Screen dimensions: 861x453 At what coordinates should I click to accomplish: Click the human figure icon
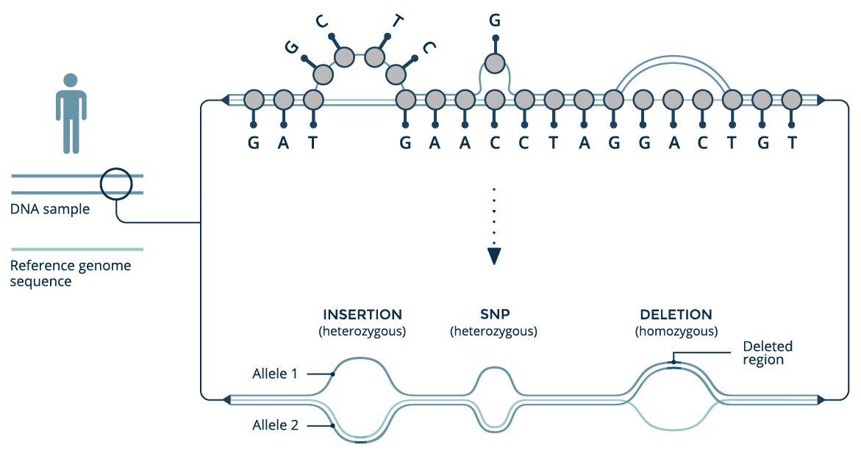coord(71,113)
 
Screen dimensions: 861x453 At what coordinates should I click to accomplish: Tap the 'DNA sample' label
coord(50,209)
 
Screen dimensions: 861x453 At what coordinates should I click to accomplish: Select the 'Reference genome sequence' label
coord(71,273)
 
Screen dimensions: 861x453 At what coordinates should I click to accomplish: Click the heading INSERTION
coord(362,314)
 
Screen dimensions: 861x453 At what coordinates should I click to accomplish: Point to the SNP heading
coord(495,314)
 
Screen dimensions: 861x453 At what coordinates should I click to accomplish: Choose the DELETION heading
coord(676,314)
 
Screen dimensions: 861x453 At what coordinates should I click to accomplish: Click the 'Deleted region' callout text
coord(767,353)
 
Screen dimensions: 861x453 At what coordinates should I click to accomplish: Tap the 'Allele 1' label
coord(275,374)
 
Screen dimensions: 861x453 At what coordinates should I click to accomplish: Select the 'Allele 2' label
coord(275,425)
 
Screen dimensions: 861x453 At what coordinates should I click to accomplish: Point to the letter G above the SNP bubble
coord(495,21)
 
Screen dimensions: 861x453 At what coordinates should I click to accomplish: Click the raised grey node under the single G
coord(495,64)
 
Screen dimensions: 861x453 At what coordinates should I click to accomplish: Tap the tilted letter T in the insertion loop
coord(398,21)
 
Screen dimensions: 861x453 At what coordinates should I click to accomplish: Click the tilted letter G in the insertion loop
coord(292,47)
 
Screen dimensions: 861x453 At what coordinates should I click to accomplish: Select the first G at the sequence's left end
coord(253,143)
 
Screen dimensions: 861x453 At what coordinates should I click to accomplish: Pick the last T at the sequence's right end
coord(792,143)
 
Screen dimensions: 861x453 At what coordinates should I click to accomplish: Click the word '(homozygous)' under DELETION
coord(676,331)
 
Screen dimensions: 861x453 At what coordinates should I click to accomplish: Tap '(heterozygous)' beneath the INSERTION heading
coord(362,331)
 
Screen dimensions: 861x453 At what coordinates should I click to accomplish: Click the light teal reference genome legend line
coord(77,249)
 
